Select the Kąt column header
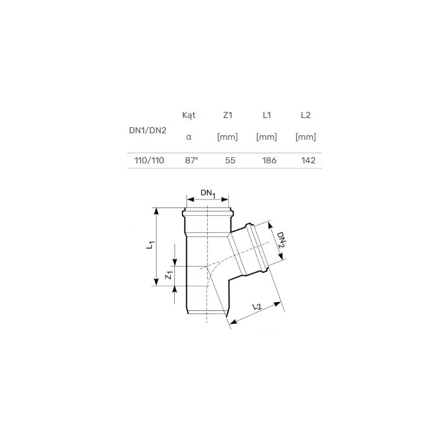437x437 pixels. [188, 115]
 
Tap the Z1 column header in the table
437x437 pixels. [227, 115]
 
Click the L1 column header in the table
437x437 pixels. [267, 115]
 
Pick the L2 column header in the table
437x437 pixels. [305, 115]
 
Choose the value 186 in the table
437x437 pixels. [269, 161]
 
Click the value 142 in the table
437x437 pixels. [308, 161]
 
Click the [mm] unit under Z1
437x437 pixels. [227, 137]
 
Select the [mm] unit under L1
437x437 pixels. [267, 137]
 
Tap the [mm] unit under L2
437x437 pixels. [305, 137]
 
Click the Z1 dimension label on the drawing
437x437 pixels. [169, 276]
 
